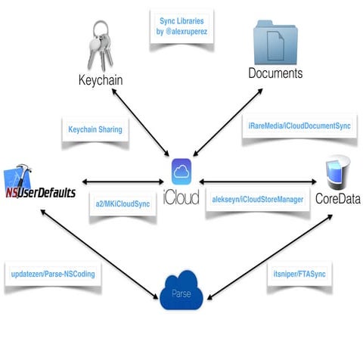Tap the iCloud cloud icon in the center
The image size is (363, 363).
coord(181,172)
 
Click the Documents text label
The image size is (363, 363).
coord(275,73)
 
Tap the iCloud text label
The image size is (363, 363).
coord(181,198)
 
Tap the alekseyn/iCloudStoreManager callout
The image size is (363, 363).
coord(258,199)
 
